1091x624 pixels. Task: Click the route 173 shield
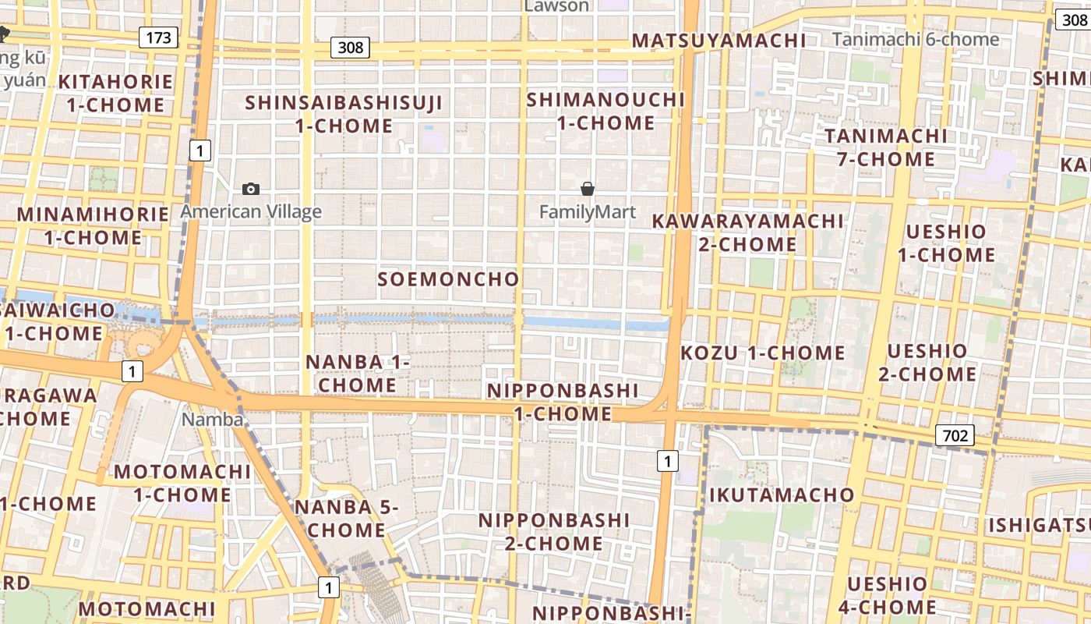tap(159, 37)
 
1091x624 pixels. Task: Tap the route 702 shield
tap(955, 435)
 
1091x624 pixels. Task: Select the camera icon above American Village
tap(251, 189)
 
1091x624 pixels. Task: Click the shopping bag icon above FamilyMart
tap(588, 189)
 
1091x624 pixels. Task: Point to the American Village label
tap(251, 211)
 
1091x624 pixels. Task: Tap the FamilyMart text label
tap(588, 211)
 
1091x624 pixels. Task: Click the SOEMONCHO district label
tap(448, 279)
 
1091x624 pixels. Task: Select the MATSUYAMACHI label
tap(719, 41)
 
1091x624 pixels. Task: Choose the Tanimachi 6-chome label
tap(915, 39)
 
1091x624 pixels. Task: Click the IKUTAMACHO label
tap(782, 495)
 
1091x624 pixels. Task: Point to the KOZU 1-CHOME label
tap(762, 353)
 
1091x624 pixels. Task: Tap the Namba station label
tap(212, 420)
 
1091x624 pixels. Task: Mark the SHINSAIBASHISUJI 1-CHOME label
tap(344, 114)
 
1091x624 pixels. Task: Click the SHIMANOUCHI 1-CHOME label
tap(606, 112)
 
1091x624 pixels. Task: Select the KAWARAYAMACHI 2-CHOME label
tap(747, 232)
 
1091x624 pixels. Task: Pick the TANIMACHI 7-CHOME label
tap(886, 147)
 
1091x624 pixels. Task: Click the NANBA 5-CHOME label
tap(346, 518)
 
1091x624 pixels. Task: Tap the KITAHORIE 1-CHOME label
tap(115, 93)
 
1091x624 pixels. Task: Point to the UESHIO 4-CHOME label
tap(887, 595)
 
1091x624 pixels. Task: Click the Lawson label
tap(556, 6)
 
